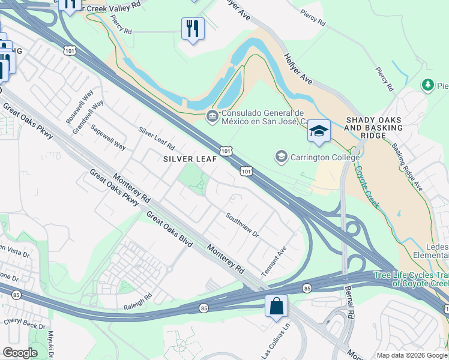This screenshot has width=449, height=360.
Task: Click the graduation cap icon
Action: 319,131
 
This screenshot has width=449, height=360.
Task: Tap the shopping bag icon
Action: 276,306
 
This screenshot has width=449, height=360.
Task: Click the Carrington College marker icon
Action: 281,157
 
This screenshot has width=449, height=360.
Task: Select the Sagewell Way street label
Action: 108,137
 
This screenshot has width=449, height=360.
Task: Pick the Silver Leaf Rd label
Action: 156,139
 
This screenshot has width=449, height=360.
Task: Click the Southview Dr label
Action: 242,224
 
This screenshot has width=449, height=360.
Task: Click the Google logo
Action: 20,353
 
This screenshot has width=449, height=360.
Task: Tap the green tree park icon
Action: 428,86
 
